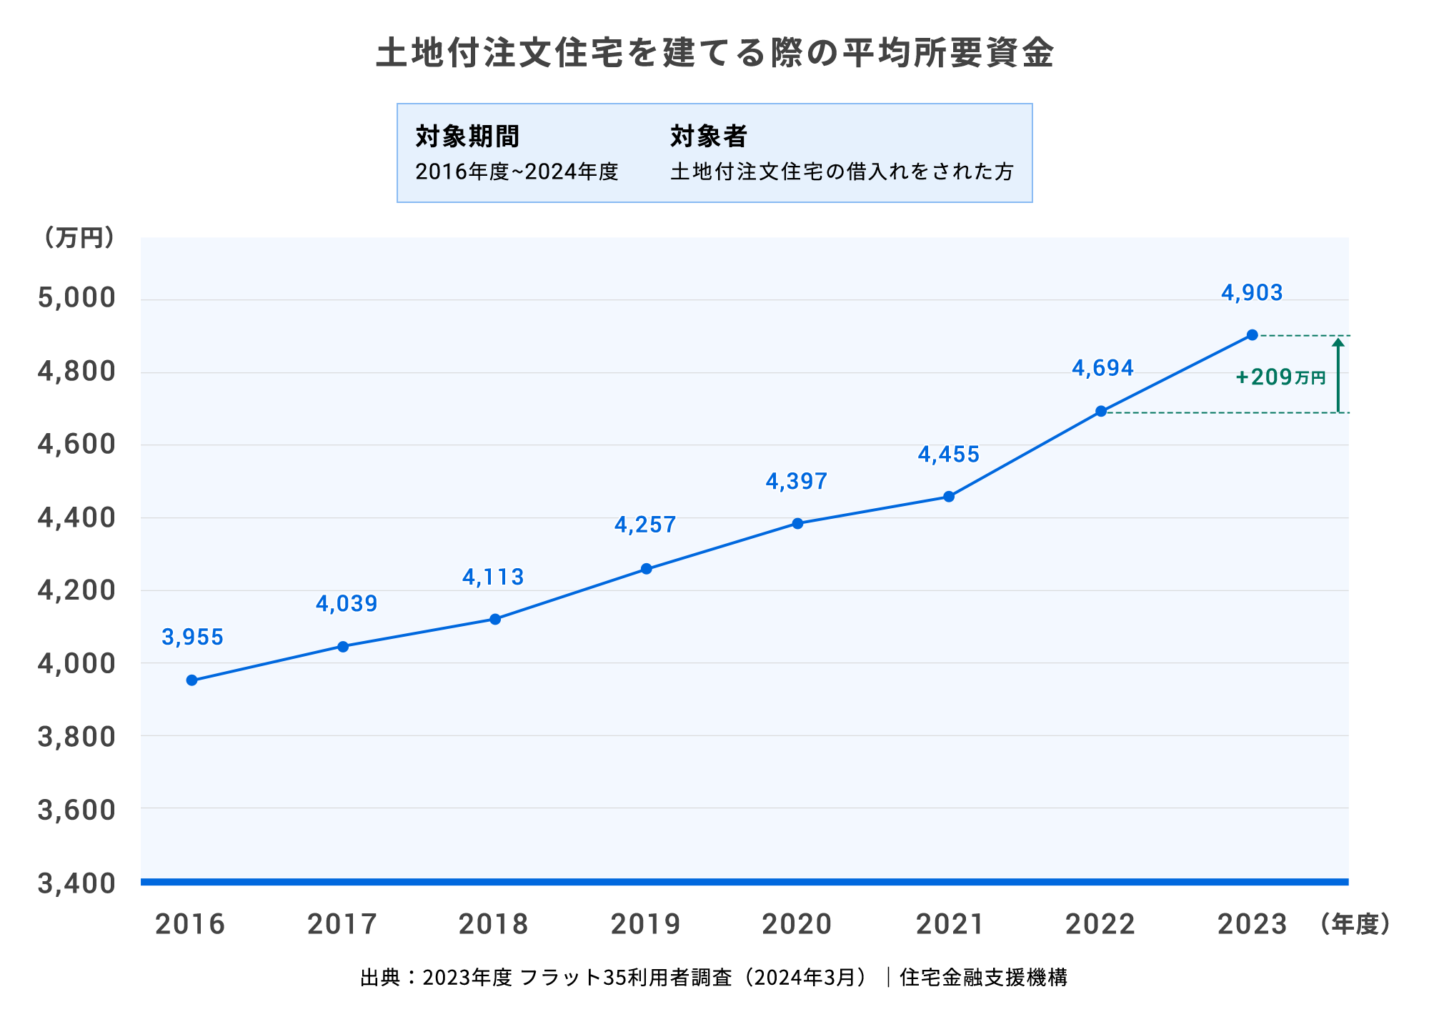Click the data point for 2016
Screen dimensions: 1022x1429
coord(191,680)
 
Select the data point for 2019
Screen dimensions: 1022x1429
coord(647,569)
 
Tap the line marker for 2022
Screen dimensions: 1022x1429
coord(1101,411)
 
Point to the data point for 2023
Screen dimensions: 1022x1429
coord(1253,334)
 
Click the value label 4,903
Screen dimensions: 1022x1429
coord(1252,293)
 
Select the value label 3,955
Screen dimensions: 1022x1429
coord(192,637)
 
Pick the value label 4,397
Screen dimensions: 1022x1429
coord(797,482)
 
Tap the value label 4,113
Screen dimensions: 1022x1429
coord(493,577)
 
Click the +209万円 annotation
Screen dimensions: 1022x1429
coord(1280,377)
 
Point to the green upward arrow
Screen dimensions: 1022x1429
coord(1338,374)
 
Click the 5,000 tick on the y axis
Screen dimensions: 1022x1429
coord(76,298)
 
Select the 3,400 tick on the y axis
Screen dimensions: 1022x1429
coord(76,884)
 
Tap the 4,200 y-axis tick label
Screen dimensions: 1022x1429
coord(76,591)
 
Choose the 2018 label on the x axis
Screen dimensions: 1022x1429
coord(493,924)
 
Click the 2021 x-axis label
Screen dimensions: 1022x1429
coord(950,924)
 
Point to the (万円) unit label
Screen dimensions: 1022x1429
coord(79,238)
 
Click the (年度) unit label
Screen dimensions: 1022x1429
coord(1355,924)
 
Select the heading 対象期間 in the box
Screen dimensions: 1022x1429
coord(467,136)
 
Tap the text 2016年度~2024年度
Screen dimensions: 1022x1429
coord(517,172)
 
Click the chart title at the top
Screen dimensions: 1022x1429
coord(714,53)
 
